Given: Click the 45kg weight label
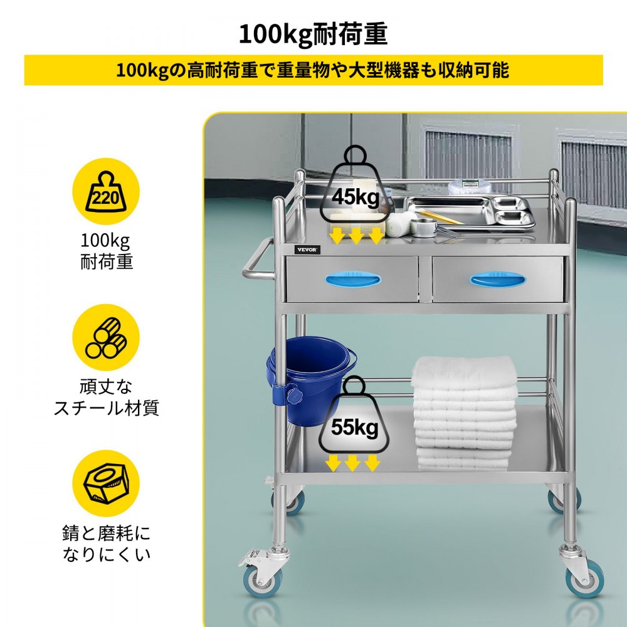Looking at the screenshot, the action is coord(355,196).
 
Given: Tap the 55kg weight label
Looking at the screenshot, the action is coord(354,427).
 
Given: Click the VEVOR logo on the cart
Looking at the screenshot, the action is coord(307,250).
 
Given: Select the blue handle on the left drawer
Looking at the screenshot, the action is coord(352,279).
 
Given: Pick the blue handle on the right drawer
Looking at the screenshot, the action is coord(497,279).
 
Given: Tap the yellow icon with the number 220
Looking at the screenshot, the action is coord(106,191).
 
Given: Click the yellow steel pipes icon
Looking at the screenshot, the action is coord(106,337).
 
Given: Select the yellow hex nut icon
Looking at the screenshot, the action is coord(106,483).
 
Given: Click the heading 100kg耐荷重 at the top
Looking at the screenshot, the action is coord(313,34).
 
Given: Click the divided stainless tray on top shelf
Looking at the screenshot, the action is coord(470,212).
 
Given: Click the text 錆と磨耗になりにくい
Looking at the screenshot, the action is coord(107,544).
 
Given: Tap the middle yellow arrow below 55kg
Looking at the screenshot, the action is coord(352,463).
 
